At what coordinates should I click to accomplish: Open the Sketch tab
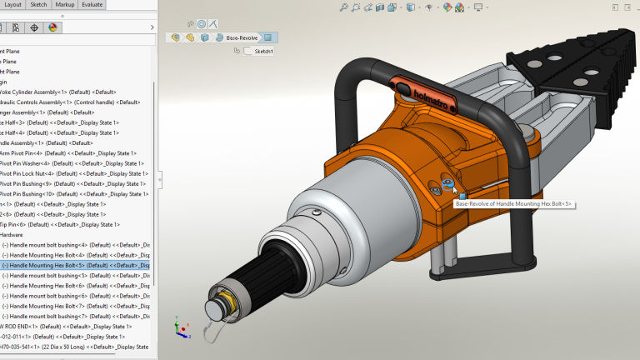coord(38,4)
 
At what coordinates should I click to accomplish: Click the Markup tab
coord(64,4)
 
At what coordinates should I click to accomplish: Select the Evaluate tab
coord(92,4)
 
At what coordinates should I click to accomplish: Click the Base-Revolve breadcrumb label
coord(242,37)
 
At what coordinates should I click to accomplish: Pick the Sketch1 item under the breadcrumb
coord(263,52)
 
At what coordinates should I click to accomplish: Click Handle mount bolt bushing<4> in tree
coord(77,245)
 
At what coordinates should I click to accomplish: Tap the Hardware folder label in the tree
coord(12,235)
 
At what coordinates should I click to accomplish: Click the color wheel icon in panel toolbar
coord(52,27)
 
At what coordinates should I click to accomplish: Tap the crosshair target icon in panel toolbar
coord(33,27)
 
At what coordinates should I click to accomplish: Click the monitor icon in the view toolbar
coord(478,7)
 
